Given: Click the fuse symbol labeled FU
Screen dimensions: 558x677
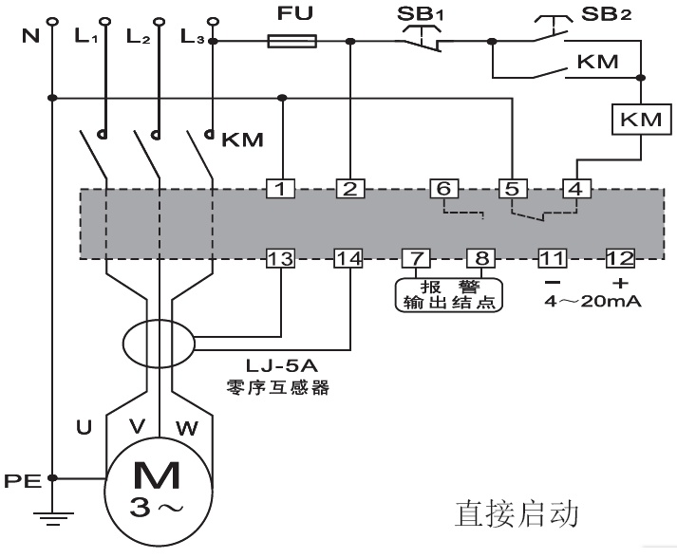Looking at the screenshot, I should pyautogui.click(x=291, y=42).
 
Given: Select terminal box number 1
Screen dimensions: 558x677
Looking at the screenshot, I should pyautogui.click(x=280, y=189).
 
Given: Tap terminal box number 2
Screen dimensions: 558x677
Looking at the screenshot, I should pyautogui.click(x=350, y=189).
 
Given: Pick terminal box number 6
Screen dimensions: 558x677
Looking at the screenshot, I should pyautogui.click(x=442, y=188).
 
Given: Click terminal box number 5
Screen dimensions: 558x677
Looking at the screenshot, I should pyautogui.click(x=512, y=188).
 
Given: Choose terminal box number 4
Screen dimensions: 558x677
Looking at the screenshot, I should pyautogui.click(x=574, y=188).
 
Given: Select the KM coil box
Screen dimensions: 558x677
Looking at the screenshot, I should pyautogui.click(x=642, y=121).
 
